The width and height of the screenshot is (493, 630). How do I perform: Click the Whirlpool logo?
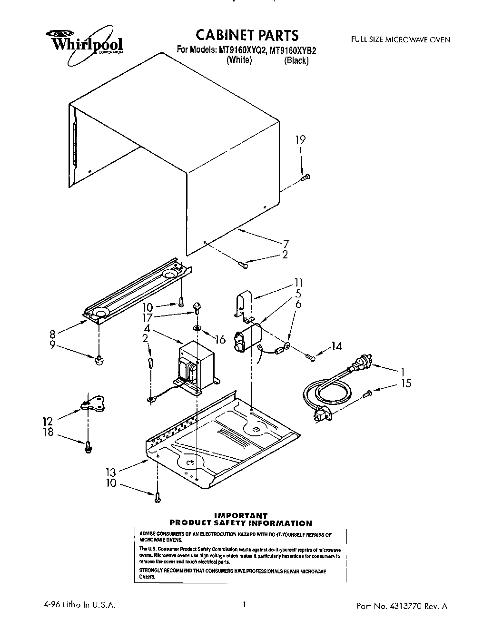(84, 44)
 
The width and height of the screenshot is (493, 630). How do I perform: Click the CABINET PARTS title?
(247, 35)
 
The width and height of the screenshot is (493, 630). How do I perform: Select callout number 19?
(300, 139)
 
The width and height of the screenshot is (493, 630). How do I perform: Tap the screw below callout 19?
(305, 177)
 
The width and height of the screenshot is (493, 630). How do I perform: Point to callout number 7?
(286, 243)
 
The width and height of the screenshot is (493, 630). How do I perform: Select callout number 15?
(406, 384)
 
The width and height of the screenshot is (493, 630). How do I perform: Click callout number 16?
(220, 339)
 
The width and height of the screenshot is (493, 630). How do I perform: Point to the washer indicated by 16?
(196, 328)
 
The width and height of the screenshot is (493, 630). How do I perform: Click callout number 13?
(110, 472)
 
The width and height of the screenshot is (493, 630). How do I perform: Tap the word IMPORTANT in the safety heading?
(241, 515)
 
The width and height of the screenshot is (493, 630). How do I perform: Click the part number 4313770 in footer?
(410, 607)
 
